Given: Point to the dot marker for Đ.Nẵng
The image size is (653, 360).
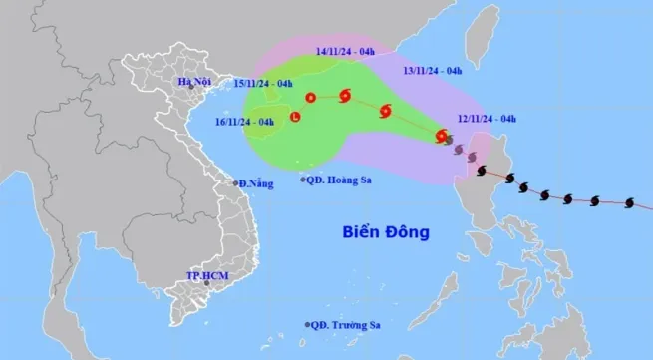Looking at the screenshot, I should click(x=235, y=183).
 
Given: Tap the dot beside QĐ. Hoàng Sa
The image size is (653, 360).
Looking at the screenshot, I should click(x=304, y=180).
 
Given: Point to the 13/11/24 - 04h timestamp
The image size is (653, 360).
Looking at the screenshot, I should click(x=432, y=71).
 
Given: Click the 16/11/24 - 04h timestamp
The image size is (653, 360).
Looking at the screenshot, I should click(x=245, y=122).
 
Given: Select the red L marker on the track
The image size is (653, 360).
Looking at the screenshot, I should click(x=295, y=118).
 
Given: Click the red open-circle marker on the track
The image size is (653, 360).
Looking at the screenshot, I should click(x=310, y=98).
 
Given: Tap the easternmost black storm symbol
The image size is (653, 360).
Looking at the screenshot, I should click(x=627, y=204).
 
